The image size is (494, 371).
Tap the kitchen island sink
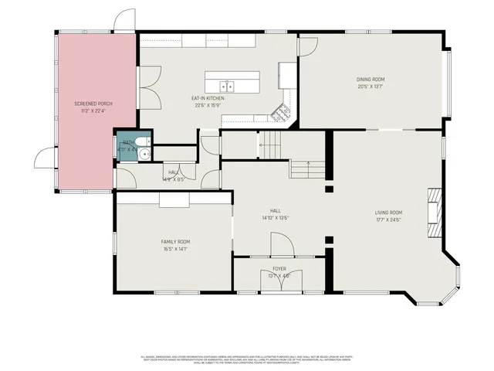pos(227,86)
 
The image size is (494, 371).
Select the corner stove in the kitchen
pos(285,112)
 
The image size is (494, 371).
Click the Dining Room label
pos(370,79)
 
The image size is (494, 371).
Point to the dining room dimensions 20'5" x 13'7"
pos(370,87)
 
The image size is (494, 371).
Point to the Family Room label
pos(175,242)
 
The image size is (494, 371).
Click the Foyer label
pos(279,268)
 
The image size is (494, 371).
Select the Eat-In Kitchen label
pos(208,99)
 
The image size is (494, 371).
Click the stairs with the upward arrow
pos(308,168)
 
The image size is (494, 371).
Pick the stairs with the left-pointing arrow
pos(269,142)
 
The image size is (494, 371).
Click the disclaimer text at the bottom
pos(246,359)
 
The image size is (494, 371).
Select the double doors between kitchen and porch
pos(149,86)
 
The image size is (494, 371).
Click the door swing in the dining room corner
pos(307,46)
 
